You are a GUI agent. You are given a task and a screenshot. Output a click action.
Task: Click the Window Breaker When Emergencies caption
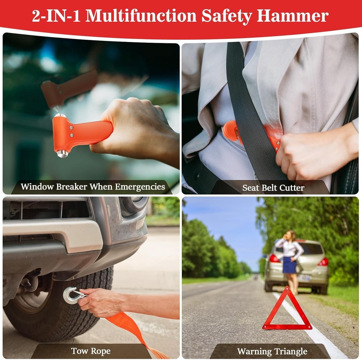[x=93, y=187]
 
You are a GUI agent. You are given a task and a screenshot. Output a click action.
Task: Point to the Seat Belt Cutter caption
[x=273, y=188]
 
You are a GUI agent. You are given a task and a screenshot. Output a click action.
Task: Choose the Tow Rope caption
[x=91, y=351]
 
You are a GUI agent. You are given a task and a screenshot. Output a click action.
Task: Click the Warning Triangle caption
[x=272, y=351]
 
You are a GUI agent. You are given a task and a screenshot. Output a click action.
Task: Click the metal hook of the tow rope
[x=71, y=295]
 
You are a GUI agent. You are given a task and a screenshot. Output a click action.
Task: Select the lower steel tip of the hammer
[x=62, y=153]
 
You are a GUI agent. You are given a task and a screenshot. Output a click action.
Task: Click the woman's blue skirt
[x=290, y=265]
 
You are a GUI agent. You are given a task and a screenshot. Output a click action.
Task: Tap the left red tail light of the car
[x=274, y=258]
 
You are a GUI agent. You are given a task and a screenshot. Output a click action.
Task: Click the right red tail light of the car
[x=323, y=262]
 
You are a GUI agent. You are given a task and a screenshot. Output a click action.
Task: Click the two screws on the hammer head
[x=71, y=131]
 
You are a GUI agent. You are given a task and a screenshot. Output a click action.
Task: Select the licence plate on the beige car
[x=304, y=278]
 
